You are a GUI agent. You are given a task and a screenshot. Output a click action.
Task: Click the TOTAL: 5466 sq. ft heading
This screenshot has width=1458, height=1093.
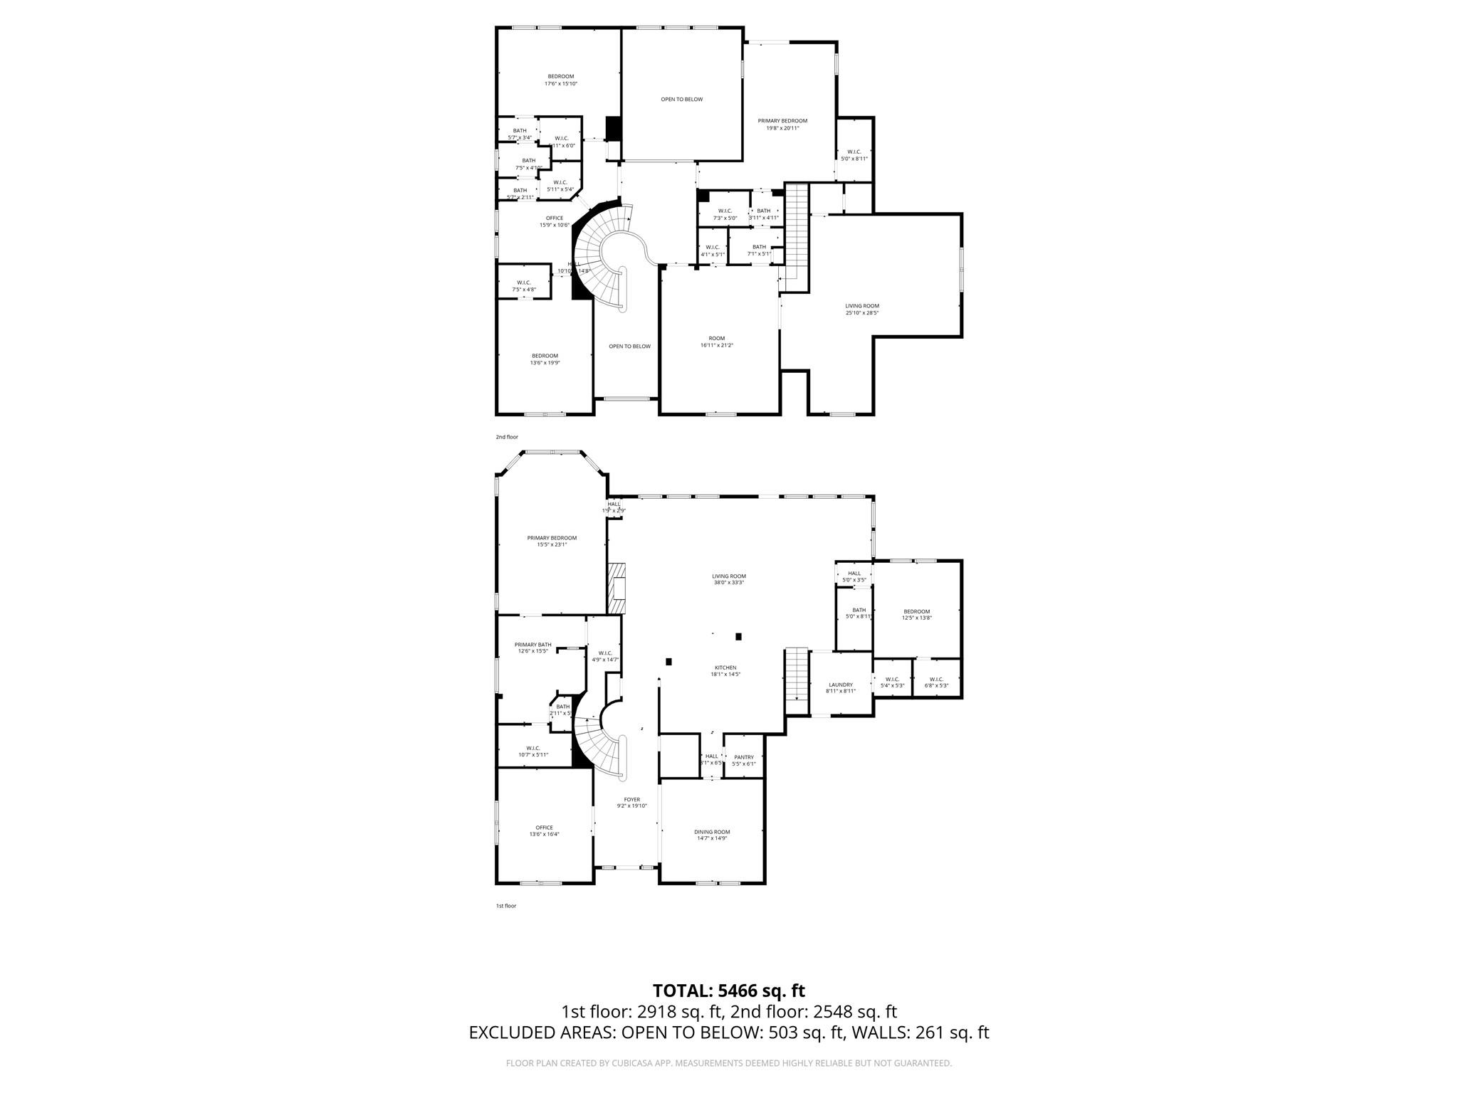tap(728, 991)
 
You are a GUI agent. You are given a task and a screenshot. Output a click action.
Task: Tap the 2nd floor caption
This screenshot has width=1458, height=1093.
tap(507, 437)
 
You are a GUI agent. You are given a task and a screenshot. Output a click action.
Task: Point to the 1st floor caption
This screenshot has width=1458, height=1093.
tap(505, 906)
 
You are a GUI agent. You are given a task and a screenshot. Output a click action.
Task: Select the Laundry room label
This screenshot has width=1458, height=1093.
tap(840, 687)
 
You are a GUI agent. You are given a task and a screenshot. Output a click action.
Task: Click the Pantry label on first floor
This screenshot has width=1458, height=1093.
tap(743, 760)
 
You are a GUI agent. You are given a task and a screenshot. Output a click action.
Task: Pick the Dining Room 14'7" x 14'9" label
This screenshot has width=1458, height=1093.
tap(712, 835)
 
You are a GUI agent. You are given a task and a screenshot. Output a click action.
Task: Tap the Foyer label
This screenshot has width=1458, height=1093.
tap(631, 802)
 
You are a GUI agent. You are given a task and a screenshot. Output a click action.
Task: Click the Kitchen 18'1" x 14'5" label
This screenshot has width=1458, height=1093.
tap(725, 670)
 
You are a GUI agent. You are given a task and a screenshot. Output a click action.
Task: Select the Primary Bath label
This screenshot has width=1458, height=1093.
tap(533, 648)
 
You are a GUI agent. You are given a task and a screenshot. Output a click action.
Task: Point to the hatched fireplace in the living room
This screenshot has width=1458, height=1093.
tap(617, 588)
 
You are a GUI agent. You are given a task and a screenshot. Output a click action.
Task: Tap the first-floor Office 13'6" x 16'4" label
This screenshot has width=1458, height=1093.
tap(544, 830)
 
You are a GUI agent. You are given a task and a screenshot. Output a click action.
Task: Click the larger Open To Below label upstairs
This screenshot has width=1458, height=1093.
tap(681, 100)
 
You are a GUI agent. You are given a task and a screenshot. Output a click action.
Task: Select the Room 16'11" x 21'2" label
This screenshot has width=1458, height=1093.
tap(716, 342)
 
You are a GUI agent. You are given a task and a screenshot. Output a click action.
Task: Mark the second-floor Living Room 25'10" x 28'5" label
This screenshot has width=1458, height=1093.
tap(861, 309)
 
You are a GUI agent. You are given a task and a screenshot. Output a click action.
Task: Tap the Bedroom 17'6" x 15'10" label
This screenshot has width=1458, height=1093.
tap(560, 80)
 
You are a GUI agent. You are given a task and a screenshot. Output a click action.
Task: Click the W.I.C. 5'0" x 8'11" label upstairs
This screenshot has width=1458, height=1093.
tap(854, 154)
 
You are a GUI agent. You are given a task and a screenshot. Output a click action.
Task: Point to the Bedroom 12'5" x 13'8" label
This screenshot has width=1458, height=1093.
tap(916, 614)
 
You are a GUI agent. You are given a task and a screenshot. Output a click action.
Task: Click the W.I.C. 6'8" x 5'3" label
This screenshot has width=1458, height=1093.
tap(935, 682)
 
